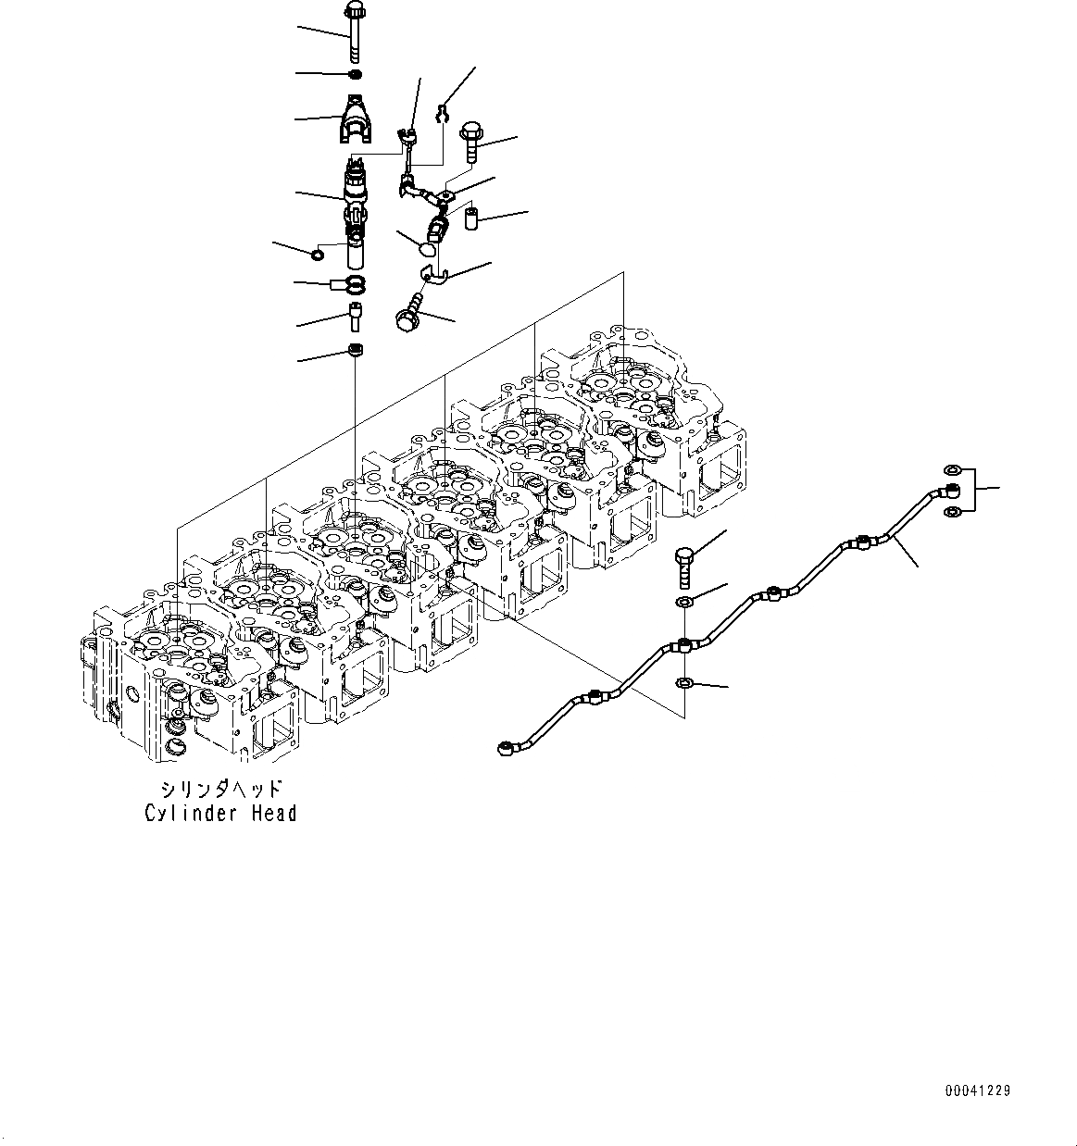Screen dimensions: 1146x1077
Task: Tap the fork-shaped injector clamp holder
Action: [354, 120]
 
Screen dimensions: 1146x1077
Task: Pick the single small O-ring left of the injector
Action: [318, 255]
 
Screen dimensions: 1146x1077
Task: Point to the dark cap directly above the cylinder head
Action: [355, 350]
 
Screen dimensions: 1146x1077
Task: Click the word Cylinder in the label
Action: [182, 814]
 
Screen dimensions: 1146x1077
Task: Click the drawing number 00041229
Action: [977, 1090]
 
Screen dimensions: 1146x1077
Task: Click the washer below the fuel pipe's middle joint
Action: [683, 683]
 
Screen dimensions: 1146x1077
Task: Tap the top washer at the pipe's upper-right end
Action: [949, 469]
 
